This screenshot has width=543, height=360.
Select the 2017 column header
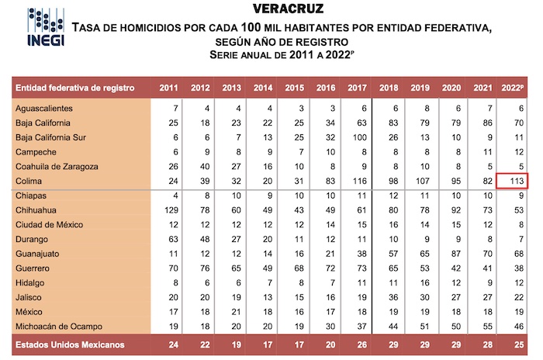click(x=358, y=87)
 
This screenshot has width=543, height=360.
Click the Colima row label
click(x=29, y=181)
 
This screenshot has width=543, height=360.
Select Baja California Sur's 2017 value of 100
click(x=359, y=137)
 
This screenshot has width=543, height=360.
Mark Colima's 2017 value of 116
click(x=359, y=181)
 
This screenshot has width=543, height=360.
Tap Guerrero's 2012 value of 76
click(x=202, y=268)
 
